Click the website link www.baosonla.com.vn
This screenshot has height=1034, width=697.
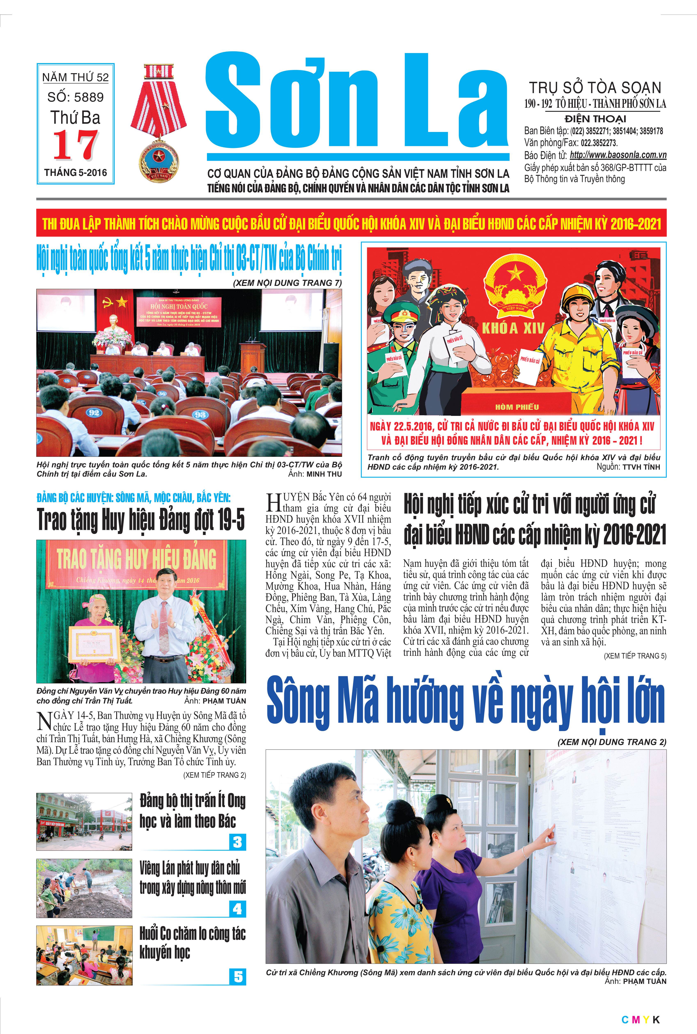618,155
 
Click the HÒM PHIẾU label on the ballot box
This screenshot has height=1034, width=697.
517,407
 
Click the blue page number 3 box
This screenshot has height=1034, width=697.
238,842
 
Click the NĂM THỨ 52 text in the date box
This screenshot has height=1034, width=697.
76,77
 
